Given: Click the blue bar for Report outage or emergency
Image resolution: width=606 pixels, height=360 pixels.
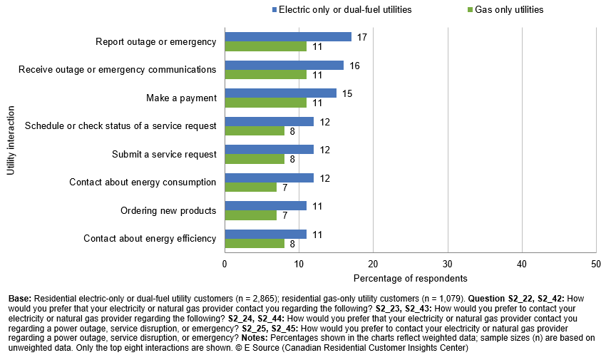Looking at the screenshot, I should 288,36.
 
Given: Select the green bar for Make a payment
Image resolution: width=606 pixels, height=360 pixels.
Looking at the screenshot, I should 265,103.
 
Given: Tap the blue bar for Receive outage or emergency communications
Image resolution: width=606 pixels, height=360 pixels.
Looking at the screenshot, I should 284,65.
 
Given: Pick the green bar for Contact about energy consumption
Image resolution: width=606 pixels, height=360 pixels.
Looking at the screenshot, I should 250,187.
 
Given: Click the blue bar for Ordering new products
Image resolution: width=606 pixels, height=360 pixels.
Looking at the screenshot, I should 265,206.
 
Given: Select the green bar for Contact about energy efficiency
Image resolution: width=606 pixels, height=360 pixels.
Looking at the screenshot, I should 255,244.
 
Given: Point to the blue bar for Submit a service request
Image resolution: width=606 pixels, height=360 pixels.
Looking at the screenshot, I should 269,150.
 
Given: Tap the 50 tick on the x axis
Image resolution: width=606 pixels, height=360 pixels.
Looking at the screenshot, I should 596,263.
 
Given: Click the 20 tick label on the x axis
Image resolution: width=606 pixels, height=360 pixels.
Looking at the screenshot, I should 373,263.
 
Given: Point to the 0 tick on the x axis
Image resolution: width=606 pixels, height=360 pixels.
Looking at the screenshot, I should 225,263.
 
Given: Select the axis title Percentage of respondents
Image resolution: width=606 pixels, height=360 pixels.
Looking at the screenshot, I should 410,277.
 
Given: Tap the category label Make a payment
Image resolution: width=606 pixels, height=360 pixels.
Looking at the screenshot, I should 180,98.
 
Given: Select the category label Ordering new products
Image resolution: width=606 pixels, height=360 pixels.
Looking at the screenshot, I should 168,210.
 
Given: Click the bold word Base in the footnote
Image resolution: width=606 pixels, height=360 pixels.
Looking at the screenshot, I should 19,297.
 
